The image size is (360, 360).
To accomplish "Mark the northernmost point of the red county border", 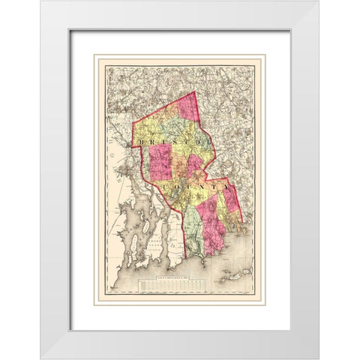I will pos(193,92).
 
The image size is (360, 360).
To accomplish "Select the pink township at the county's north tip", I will pos(187,105).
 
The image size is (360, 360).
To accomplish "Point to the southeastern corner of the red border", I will pos(241,222).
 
